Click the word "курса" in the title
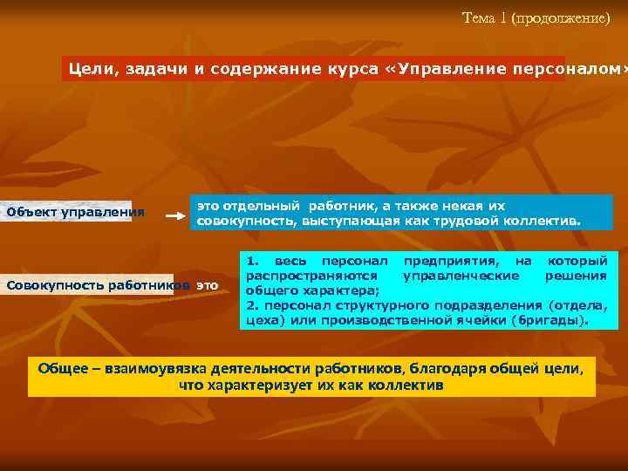point(349,69)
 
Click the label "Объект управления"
point(75,212)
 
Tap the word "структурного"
point(364,304)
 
